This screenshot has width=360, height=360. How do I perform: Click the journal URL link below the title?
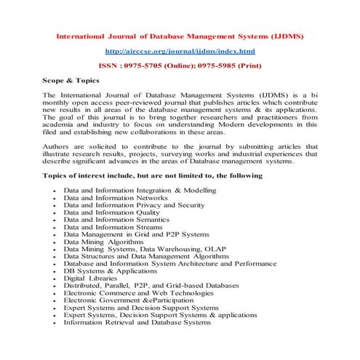coord(180,51)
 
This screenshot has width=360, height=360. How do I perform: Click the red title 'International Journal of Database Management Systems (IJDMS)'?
coord(180,35)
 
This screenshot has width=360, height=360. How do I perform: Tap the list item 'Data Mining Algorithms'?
coord(102,244)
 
